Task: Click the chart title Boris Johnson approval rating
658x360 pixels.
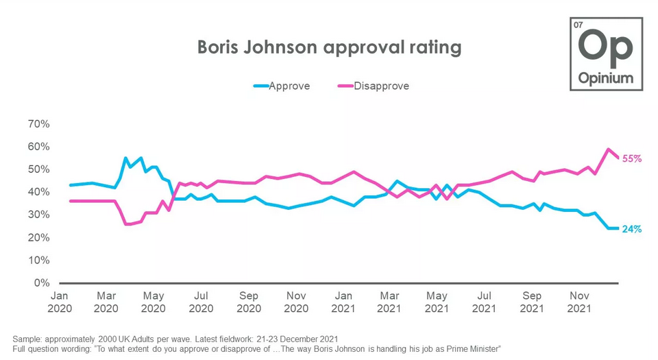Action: click(329, 47)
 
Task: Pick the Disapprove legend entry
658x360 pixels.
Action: click(381, 86)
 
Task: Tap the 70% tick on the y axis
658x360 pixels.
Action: click(38, 124)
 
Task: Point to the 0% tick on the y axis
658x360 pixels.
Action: click(41, 283)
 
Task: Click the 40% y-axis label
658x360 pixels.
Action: click(38, 192)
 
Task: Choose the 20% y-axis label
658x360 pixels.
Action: click(38, 237)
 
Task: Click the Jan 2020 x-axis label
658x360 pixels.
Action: click(59, 302)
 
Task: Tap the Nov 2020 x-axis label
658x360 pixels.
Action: click(296, 302)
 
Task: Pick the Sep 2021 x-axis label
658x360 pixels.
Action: click(532, 302)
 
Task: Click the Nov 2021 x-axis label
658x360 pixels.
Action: click(580, 302)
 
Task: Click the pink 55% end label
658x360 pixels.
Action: click(631, 158)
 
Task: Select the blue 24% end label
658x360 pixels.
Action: click(631, 229)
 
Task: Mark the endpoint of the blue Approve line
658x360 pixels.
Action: click(619, 228)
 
